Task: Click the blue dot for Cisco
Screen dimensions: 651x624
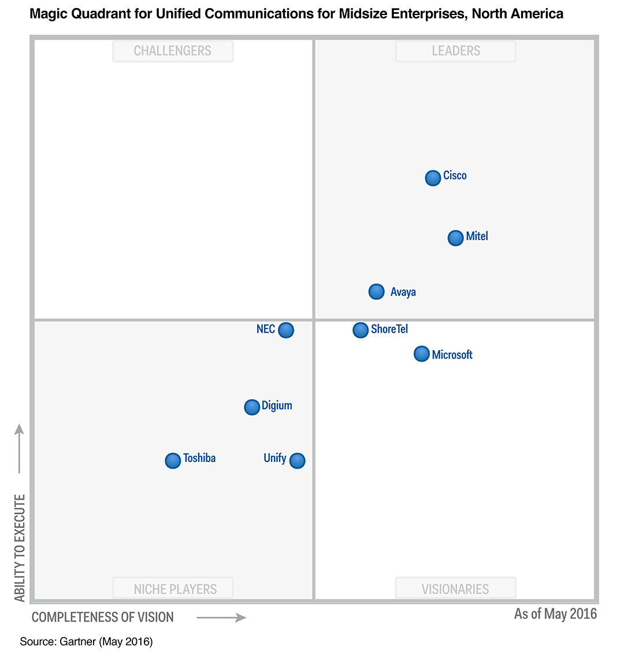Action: [433, 178]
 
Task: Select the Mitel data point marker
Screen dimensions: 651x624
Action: [456, 237]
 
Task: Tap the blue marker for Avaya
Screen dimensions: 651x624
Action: [376, 292]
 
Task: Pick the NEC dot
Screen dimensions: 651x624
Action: [286, 330]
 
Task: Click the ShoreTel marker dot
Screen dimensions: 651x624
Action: [361, 330]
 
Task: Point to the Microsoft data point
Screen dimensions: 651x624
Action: [422, 354]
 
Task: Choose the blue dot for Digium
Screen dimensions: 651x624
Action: [252, 407]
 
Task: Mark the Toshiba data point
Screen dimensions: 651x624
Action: [173, 460]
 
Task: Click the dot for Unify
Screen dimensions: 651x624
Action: [297, 460]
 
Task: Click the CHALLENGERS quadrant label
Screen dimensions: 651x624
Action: [173, 51]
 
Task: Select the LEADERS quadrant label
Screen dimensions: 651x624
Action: [456, 51]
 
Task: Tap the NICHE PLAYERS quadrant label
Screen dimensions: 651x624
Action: [175, 589]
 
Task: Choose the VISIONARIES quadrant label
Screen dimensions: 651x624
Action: [455, 589]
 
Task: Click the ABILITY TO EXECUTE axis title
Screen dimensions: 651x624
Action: [21, 548]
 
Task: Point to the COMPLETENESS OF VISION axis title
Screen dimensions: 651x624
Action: [103, 617]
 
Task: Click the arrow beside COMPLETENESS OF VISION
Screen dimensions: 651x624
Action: [221, 617]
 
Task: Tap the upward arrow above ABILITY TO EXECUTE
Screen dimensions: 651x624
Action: [19, 448]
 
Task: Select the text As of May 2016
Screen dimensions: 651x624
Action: [555, 613]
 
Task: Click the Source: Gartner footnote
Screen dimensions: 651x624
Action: [86, 641]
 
